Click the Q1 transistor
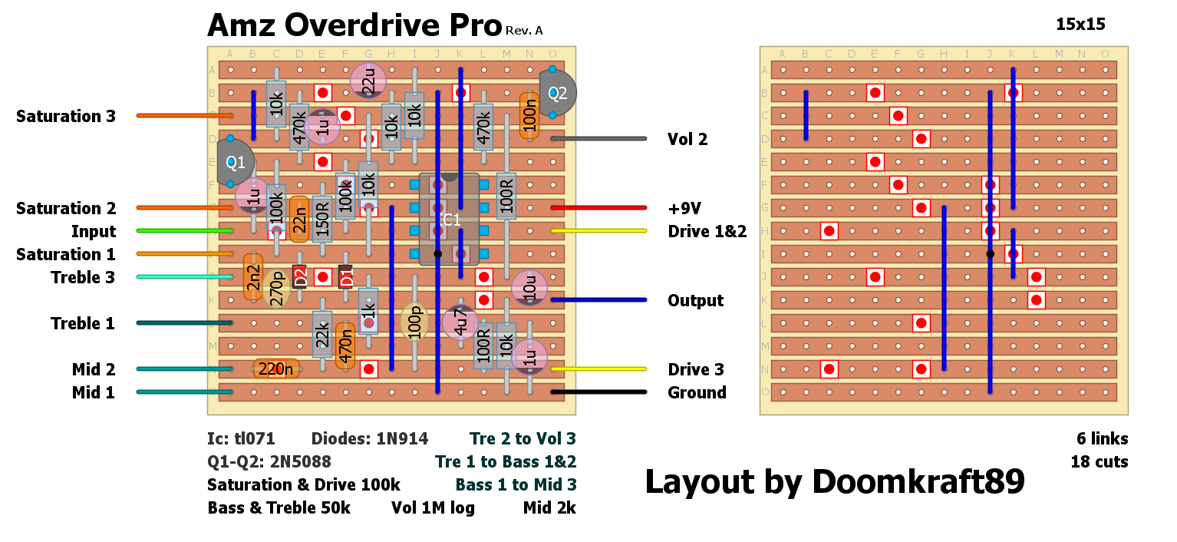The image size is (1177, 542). pyautogui.click(x=233, y=162)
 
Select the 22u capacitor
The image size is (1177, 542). pyautogui.click(x=368, y=81)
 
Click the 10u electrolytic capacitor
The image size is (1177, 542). pyautogui.click(x=529, y=288)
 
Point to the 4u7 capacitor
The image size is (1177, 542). pyautogui.click(x=460, y=322)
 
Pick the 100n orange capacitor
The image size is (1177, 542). pyautogui.click(x=529, y=116)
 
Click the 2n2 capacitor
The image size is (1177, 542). pyautogui.click(x=253, y=277)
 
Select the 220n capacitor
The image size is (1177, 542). pyautogui.click(x=276, y=369)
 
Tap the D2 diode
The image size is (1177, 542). pyautogui.click(x=299, y=277)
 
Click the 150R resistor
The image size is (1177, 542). pyautogui.click(x=322, y=220)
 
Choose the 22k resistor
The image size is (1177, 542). pyautogui.click(x=322, y=334)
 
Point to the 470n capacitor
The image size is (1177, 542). pyautogui.click(x=345, y=346)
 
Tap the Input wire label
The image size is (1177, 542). pyautogui.click(x=94, y=231)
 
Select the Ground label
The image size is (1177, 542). pyautogui.click(x=697, y=392)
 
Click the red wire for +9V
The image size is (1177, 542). pyautogui.click(x=598, y=208)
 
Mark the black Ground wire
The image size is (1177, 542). pyautogui.click(x=598, y=392)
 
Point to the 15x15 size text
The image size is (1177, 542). pyautogui.click(x=1080, y=24)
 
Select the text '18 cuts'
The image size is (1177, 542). pyautogui.click(x=1100, y=462)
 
